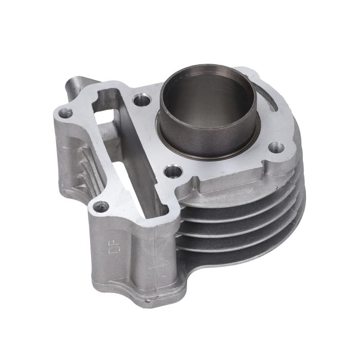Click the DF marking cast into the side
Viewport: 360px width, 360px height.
pyautogui.click(x=113, y=246)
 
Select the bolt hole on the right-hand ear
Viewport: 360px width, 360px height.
pyautogui.click(x=277, y=147)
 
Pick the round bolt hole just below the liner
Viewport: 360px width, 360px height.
pyautogui.click(x=174, y=171)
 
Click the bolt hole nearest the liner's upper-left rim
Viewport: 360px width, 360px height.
pyautogui.click(x=141, y=100)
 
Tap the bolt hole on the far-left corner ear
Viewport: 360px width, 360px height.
pyautogui.click(x=65, y=113)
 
